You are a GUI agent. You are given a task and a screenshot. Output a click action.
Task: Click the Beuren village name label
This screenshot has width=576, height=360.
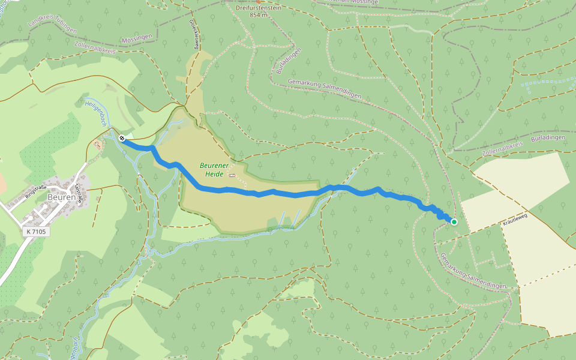(62, 197)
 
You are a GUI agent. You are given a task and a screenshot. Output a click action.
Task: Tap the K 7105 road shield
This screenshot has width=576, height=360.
(36, 231)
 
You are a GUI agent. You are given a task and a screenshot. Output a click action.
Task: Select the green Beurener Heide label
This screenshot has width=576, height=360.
(211, 170)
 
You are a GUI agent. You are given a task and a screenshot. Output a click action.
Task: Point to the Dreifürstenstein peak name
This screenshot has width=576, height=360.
(259, 7)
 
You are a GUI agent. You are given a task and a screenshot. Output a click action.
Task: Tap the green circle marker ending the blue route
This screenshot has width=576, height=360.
(454, 222)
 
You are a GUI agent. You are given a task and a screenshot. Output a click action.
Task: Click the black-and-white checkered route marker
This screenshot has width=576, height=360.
(122, 139)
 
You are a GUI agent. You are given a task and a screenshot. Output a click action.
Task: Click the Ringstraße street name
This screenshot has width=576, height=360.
(37, 191)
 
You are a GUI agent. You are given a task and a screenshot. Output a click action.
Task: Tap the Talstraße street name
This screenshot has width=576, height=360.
(79, 193)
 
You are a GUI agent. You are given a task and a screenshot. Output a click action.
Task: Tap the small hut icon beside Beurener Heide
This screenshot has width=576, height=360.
(232, 175)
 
